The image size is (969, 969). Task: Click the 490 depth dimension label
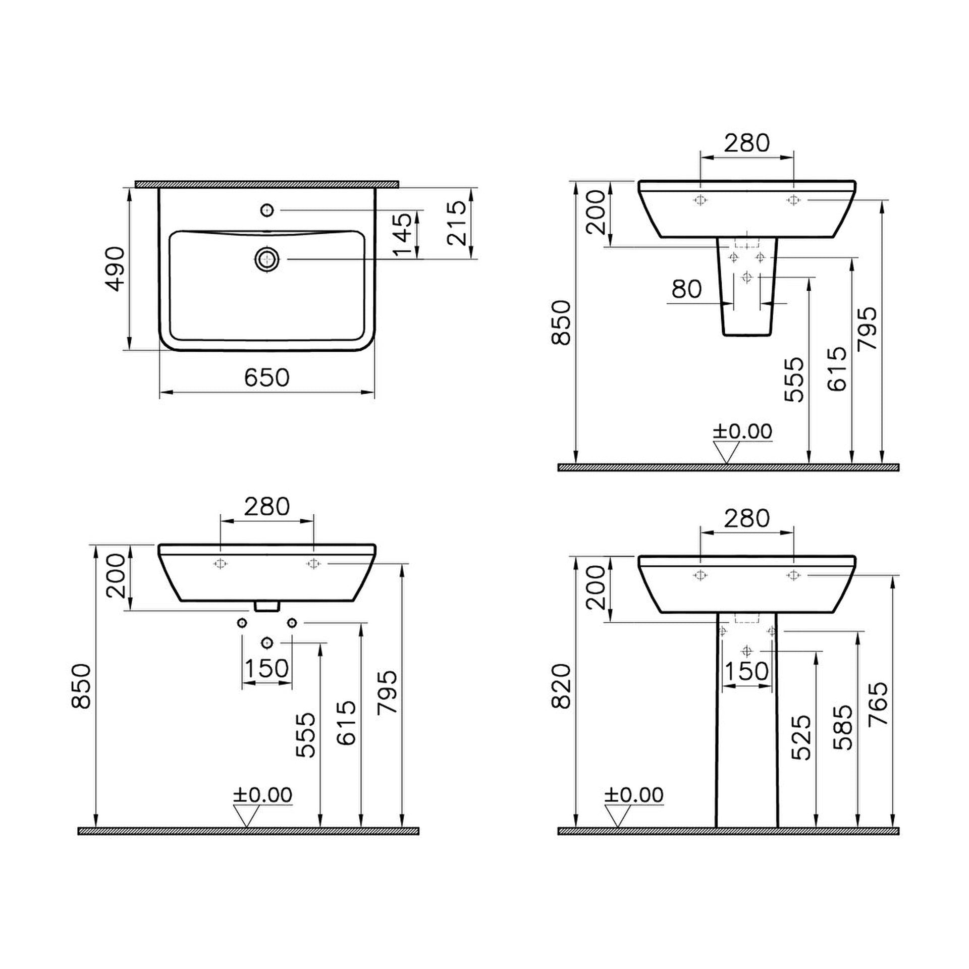[116, 268]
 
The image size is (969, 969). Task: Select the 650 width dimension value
[267, 378]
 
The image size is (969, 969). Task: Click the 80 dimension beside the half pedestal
[687, 289]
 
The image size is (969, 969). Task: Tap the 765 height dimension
[879, 705]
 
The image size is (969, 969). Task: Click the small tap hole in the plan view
[267, 209]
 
